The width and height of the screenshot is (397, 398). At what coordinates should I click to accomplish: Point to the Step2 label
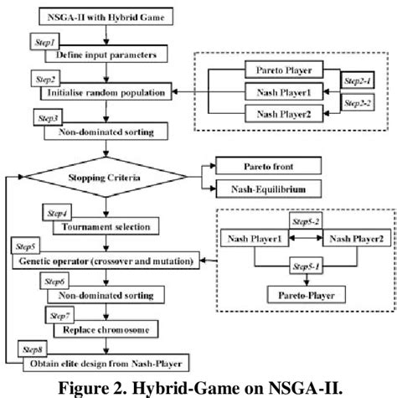click(43, 77)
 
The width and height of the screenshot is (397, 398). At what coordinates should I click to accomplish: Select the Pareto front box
click(264, 164)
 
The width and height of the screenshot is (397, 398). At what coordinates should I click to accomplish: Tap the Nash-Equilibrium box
click(264, 190)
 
